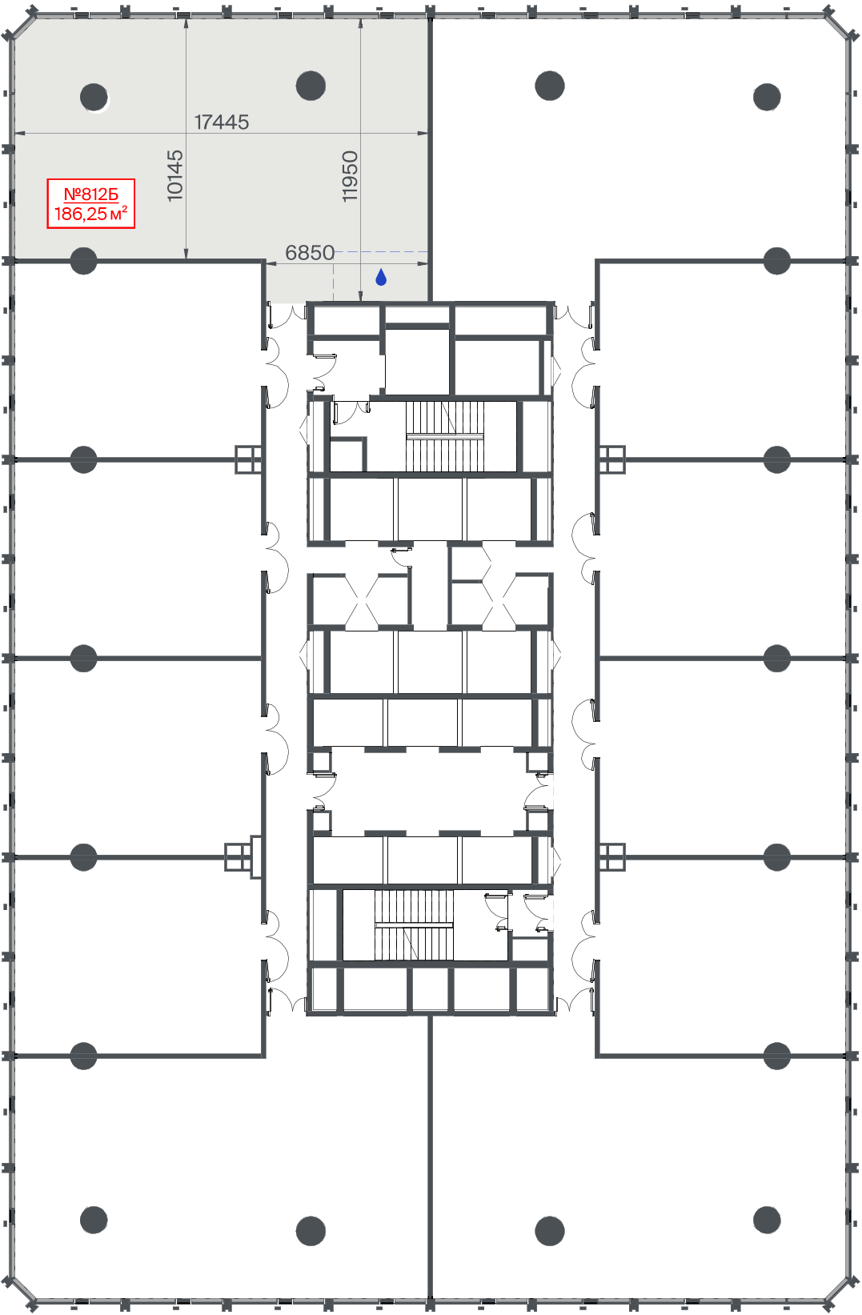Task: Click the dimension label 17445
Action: click(222, 122)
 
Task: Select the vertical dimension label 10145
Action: click(175, 175)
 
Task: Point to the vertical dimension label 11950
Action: click(350, 176)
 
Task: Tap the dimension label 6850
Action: click(310, 252)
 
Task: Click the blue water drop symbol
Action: click(381, 277)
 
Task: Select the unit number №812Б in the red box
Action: click(91, 194)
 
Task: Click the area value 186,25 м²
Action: click(91, 214)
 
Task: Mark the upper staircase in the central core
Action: click(445, 436)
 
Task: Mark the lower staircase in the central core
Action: click(414, 924)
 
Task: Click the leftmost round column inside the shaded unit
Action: click(94, 97)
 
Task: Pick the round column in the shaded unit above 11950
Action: click(311, 86)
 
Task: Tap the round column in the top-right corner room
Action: click(767, 97)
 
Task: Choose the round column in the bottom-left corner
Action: click(94, 1220)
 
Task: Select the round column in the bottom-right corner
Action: click(767, 1220)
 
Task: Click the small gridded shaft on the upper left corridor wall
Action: click(248, 459)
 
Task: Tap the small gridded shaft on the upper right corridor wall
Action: click(612, 459)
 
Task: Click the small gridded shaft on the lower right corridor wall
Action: click(612, 857)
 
